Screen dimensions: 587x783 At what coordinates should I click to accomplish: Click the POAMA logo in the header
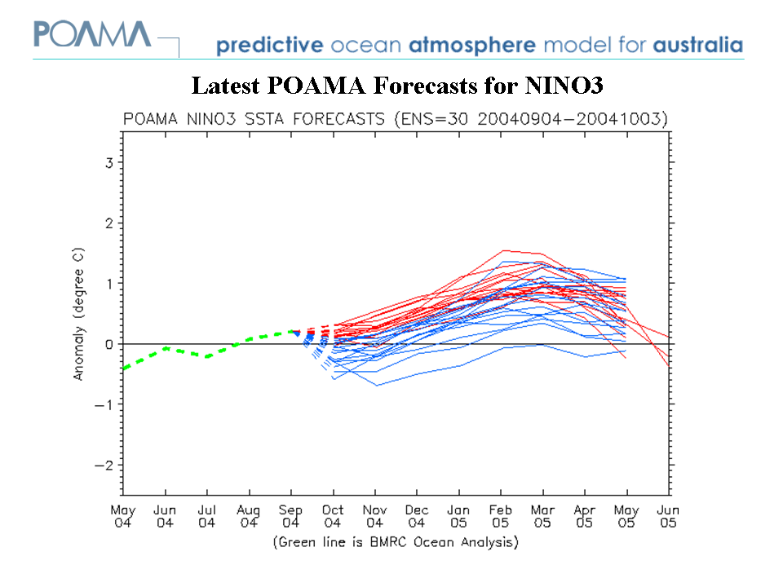(x=91, y=35)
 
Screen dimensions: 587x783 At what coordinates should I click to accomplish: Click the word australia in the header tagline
(x=697, y=45)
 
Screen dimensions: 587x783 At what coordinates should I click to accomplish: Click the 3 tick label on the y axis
(x=108, y=162)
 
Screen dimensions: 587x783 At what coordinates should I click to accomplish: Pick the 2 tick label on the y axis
(x=108, y=223)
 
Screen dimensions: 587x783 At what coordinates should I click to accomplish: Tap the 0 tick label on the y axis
(x=108, y=344)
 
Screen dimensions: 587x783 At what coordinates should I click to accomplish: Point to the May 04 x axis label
(x=123, y=516)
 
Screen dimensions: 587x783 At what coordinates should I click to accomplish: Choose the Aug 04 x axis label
(x=249, y=516)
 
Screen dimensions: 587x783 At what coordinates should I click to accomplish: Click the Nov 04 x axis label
(x=375, y=516)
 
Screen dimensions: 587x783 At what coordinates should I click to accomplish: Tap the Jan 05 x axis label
(x=459, y=516)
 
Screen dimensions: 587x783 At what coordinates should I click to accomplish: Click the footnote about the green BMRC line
(x=396, y=541)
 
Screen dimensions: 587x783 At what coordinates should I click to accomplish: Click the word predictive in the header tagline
(x=268, y=46)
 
